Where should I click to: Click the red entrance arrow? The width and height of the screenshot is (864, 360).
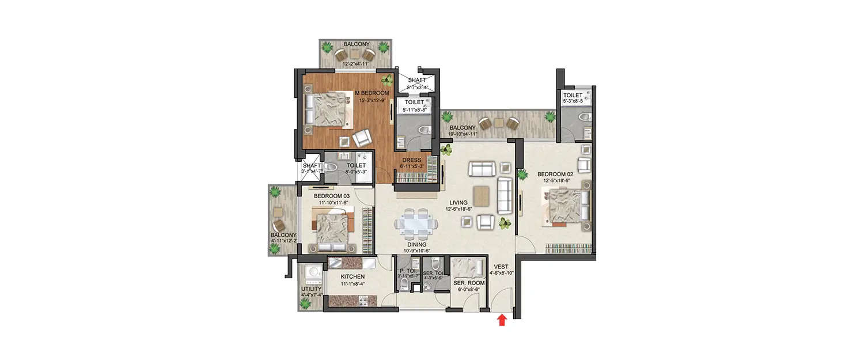click(501, 320)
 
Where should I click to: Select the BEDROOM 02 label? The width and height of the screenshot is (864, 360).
click(556, 173)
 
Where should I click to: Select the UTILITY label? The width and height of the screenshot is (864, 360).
click(311, 289)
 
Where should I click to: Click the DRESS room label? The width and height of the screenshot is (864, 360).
click(411, 160)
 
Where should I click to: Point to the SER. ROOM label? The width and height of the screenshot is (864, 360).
click(468, 283)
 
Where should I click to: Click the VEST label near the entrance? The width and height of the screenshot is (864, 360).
click(499, 266)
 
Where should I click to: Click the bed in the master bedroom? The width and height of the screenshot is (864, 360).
click(328, 108)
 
